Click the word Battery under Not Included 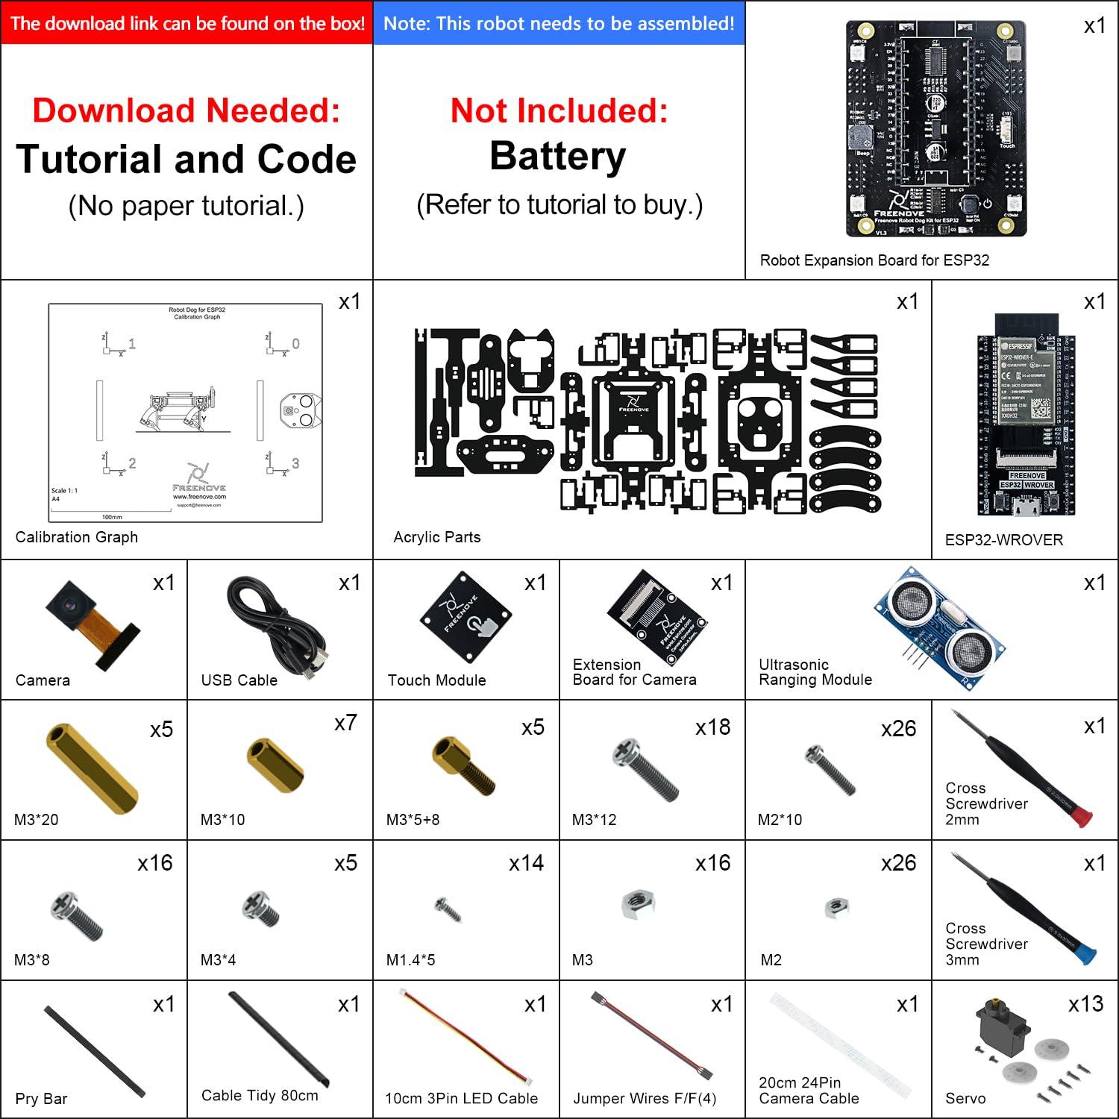pos(558,157)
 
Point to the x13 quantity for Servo pos(1085,1004)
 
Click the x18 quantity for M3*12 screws pos(712,727)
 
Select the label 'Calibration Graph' pos(76,537)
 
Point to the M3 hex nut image pos(638,904)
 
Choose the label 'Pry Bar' pos(41,1099)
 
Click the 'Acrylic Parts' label pos(436,537)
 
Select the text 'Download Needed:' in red pos(186,110)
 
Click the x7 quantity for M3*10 pos(345,723)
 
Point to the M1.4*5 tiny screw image pos(448,909)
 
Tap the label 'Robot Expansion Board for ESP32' pos(874,260)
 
